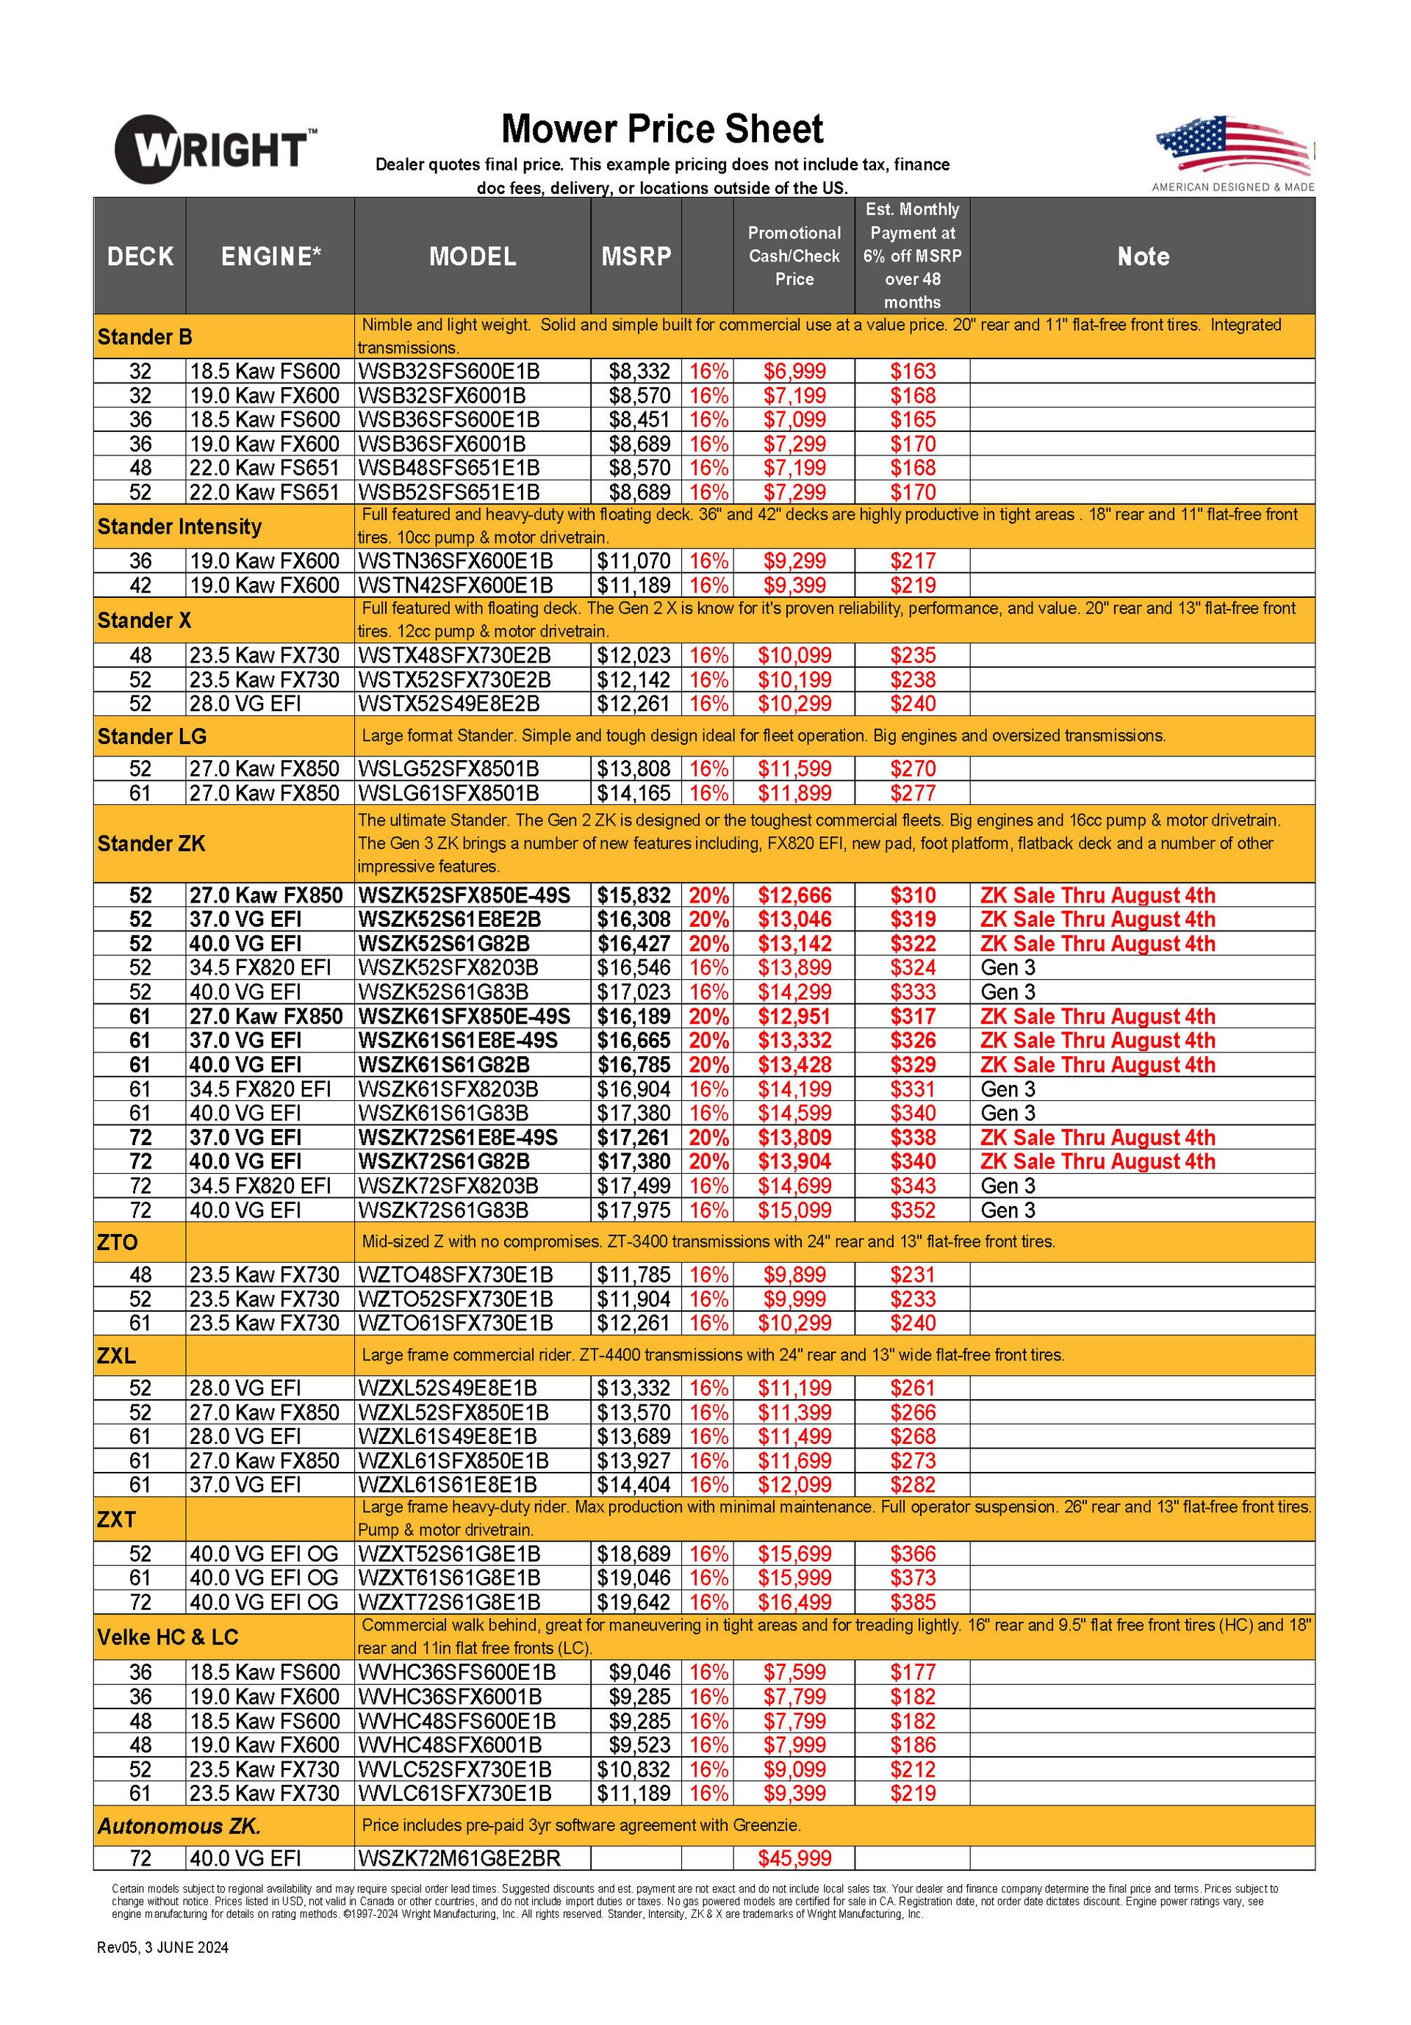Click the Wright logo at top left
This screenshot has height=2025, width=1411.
pyautogui.click(x=215, y=148)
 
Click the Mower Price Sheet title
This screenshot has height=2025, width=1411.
pyautogui.click(x=662, y=129)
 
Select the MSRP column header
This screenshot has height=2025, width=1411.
pyautogui.click(x=636, y=256)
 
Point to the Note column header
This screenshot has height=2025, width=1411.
pyautogui.click(x=1142, y=256)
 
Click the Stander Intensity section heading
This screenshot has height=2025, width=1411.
pyautogui.click(x=179, y=527)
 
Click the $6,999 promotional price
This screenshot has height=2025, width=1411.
pyautogui.click(x=794, y=372)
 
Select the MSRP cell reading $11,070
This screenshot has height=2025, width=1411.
pyautogui.click(x=633, y=561)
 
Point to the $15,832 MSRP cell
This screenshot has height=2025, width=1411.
pyautogui.click(x=633, y=895)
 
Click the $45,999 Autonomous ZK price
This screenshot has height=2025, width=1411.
pyautogui.click(x=794, y=1859)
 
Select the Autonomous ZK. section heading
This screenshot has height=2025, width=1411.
pyautogui.click(x=179, y=1827)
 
